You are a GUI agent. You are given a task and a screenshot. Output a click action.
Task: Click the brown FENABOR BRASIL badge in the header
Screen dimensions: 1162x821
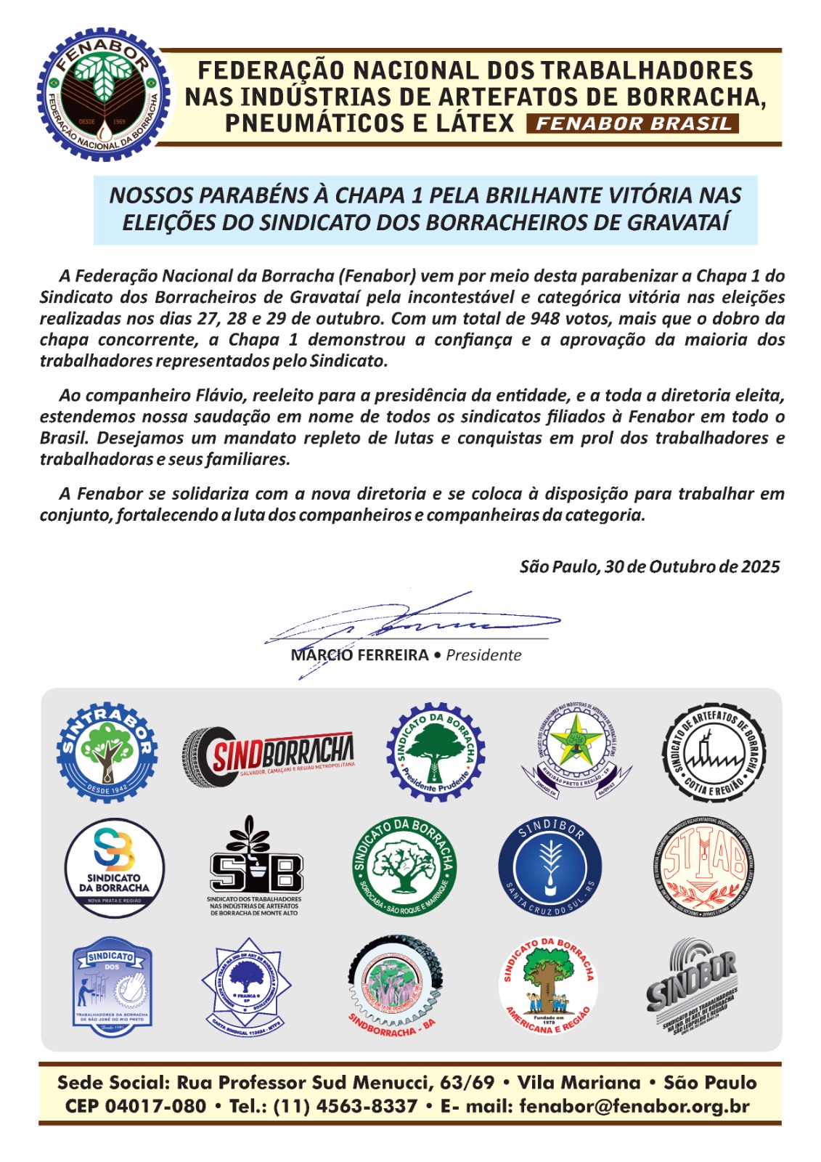[x=634, y=123]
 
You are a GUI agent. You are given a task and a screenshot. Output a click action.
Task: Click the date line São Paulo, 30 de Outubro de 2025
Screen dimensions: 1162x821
[x=649, y=566]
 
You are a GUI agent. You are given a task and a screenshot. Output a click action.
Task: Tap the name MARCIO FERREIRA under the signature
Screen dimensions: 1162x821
[x=359, y=655]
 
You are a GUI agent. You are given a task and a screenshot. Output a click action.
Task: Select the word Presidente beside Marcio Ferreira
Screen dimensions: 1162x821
[x=483, y=655]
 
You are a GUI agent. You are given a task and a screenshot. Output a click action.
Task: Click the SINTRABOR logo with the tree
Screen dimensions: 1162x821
[x=107, y=752]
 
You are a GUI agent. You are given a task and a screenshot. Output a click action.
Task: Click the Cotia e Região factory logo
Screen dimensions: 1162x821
[x=714, y=752]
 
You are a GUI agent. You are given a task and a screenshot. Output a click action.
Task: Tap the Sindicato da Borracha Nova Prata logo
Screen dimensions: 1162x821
[x=114, y=868]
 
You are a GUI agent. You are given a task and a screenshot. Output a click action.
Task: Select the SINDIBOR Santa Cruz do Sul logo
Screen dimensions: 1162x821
[x=550, y=868]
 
